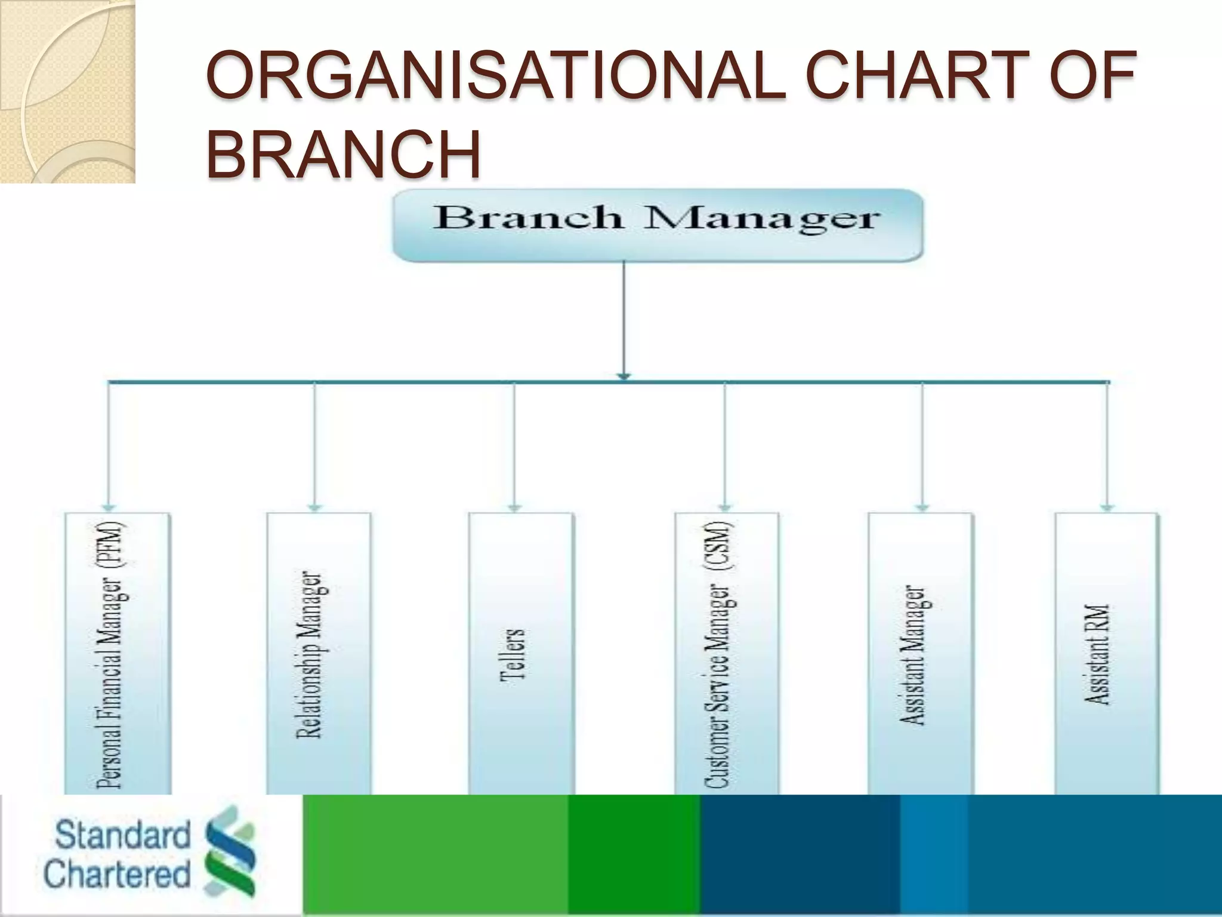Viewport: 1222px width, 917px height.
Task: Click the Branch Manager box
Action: [658, 225]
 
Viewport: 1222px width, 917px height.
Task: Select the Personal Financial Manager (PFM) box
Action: [117, 654]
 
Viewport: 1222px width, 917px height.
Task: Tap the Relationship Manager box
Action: [318, 654]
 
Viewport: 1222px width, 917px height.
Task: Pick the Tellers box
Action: [520, 654]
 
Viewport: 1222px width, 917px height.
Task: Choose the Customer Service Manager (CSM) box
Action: [726, 654]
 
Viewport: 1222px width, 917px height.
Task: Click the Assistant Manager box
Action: [919, 654]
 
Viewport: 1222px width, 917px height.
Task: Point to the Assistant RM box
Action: [1106, 654]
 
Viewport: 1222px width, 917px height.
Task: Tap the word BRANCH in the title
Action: [344, 154]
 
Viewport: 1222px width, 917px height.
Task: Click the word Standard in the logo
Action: [122, 835]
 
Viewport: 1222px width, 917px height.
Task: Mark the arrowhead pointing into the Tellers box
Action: [514, 508]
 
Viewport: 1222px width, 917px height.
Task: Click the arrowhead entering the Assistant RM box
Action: [1107, 508]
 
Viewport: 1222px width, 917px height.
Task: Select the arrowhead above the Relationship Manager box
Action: [314, 508]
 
